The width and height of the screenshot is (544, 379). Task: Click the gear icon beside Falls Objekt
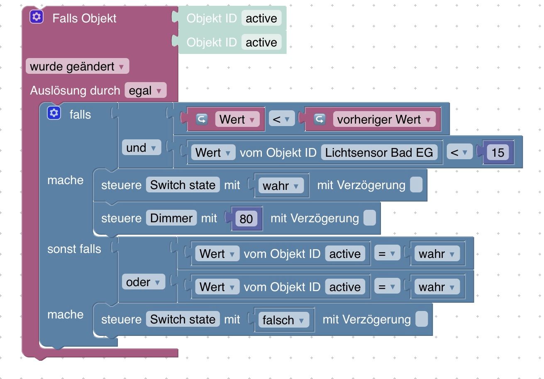[37, 17]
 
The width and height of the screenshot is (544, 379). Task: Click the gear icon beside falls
[54, 113]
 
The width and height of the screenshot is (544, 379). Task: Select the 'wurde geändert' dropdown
[77, 66]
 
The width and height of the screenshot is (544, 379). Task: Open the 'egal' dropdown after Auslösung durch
[145, 90]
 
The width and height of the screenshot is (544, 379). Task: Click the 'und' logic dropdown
[141, 148]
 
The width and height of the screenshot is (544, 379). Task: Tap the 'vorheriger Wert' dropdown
[384, 119]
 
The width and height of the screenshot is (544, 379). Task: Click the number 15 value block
[498, 153]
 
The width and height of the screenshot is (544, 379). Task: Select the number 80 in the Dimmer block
[246, 219]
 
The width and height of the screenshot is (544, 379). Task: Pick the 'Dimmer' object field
[171, 218]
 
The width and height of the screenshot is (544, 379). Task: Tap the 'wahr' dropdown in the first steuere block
[281, 185]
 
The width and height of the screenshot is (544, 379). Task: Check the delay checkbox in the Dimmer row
[369, 218]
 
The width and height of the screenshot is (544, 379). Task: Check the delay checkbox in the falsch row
[422, 319]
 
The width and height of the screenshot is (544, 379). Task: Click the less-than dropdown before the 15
[459, 153]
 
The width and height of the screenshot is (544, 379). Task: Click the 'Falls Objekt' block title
[84, 18]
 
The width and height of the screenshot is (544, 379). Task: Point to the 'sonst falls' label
[74, 249]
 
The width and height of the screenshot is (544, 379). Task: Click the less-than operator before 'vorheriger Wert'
[281, 119]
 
